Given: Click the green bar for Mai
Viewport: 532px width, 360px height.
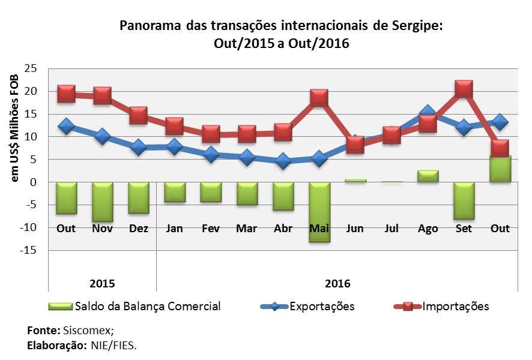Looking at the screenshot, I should [319, 212].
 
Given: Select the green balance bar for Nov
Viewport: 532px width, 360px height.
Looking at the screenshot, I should [102, 202].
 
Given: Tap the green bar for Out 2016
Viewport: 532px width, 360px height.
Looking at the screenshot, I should [500, 169].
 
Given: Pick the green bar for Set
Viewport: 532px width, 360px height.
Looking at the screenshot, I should [464, 200].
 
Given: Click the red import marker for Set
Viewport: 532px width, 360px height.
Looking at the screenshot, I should [464, 89].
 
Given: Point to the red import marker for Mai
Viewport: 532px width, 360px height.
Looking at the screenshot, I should [319, 98].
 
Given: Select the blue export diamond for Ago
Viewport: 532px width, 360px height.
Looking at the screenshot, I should [428, 113].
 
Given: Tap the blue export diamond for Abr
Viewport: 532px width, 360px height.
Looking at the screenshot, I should [283, 161].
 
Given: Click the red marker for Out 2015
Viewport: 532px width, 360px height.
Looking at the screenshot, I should [66, 94].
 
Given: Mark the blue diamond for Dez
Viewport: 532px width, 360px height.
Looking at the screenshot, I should [139, 147].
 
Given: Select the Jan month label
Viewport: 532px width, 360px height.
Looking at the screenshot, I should [174, 229].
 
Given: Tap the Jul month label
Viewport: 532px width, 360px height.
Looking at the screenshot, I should [391, 229].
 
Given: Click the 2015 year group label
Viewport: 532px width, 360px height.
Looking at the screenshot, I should [102, 283].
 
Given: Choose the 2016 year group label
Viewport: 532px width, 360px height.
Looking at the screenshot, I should [337, 283].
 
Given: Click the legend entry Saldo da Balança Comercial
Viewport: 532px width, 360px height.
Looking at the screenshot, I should [148, 307].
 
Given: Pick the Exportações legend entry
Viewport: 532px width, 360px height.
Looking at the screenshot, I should [322, 307].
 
